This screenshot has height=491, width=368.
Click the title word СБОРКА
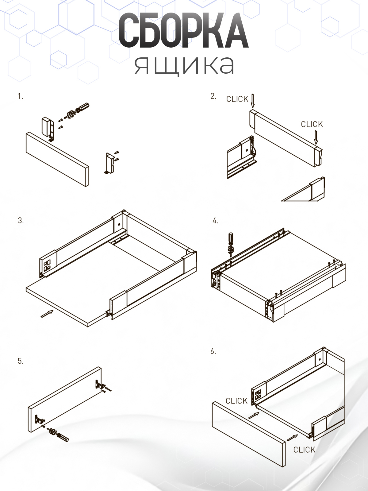[184, 31]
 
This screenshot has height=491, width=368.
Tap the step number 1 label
[20, 96]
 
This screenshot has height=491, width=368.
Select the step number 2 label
[213, 96]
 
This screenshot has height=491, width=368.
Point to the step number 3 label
[21, 221]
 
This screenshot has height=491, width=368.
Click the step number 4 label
[215, 221]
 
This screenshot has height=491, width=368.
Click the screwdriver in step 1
[76, 111]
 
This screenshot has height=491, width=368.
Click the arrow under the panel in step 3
[47, 314]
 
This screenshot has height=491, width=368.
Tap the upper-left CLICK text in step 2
[237, 99]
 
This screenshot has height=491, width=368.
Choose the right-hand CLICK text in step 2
[312, 124]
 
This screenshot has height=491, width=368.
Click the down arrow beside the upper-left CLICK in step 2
[253, 101]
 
